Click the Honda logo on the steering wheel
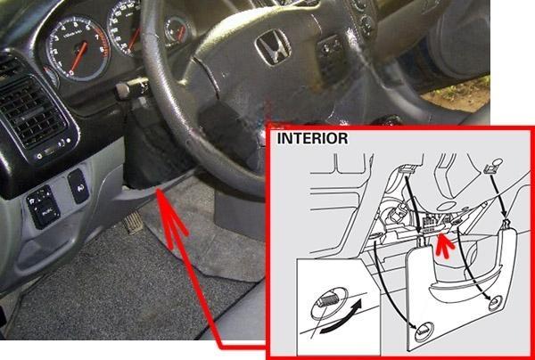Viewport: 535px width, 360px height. click(x=273, y=47)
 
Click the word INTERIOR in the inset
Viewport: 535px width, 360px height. click(x=312, y=138)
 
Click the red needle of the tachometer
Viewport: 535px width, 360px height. click(x=78, y=57)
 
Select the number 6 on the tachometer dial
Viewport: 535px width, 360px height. click(x=87, y=28)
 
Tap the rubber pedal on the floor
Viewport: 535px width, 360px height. click(x=134, y=223)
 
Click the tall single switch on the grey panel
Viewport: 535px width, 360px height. click(x=78, y=186)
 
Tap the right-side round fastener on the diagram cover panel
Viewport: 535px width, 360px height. click(x=495, y=303)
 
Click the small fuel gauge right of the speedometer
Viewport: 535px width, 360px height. click(x=177, y=29)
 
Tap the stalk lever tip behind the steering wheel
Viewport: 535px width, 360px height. click(x=122, y=91)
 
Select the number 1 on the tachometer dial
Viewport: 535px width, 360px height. click(x=61, y=64)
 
